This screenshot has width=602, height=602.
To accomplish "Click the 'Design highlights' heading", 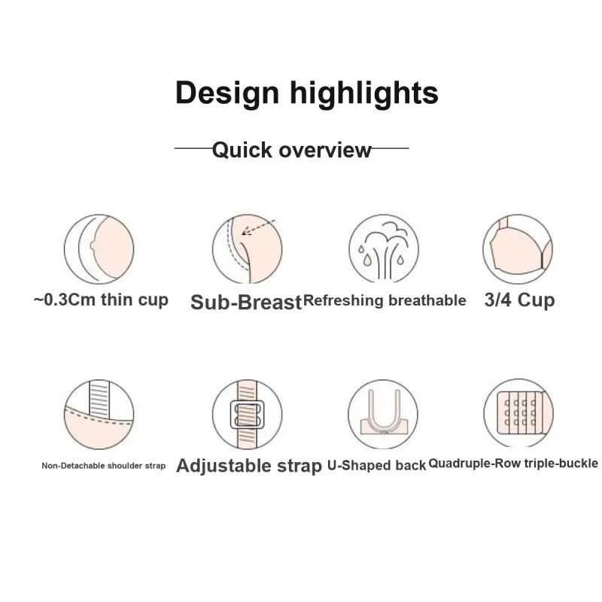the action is click(x=306, y=93).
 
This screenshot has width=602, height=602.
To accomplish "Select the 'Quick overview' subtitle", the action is click(x=292, y=150).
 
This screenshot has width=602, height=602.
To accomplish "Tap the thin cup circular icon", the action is click(x=99, y=249).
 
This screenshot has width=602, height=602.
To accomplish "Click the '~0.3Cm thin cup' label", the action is click(x=101, y=299).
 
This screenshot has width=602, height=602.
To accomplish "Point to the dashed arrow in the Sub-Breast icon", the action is click(x=259, y=227).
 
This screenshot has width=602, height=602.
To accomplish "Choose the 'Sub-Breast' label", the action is click(x=246, y=303).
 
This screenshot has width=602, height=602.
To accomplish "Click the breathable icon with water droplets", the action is click(x=384, y=249).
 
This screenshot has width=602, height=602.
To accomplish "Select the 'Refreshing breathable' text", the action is click(x=385, y=300).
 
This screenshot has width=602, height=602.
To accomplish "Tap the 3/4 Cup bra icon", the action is click(x=518, y=249).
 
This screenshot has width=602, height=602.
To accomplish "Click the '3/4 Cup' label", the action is click(x=519, y=299).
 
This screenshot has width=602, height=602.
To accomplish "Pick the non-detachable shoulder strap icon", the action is click(x=99, y=415).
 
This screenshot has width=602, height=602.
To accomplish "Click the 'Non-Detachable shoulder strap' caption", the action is click(x=104, y=466).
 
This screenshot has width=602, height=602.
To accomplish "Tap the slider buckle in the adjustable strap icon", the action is click(x=248, y=415).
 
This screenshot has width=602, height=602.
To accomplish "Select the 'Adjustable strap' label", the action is click(x=249, y=466).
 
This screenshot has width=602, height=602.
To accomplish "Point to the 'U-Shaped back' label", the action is click(x=377, y=465).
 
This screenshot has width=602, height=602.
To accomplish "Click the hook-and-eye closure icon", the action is click(x=518, y=413).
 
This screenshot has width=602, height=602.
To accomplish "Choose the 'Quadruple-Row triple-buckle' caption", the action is click(x=513, y=464).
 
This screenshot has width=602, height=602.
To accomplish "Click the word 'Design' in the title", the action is click(x=227, y=93).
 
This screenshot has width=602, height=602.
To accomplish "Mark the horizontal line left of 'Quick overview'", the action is click(x=193, y=147).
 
